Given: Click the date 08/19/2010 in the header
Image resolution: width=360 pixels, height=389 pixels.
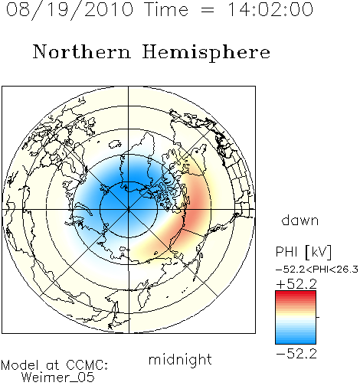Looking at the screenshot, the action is (x=70, y=10).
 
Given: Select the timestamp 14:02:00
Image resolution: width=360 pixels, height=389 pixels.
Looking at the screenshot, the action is (x=270, y=9).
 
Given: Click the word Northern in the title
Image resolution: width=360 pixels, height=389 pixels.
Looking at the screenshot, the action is (x=82, y=51).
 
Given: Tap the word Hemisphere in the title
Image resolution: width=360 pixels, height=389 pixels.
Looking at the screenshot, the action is (x=206, y=53).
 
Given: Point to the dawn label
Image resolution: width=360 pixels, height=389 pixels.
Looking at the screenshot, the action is (x=300, y=220).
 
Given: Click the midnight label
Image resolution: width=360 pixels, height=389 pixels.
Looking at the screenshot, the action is (x=180, y=359).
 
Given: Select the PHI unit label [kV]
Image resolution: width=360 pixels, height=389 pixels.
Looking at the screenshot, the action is (x=318, y=252).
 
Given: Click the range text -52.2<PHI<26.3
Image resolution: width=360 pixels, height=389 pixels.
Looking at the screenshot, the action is (x=317, y=270).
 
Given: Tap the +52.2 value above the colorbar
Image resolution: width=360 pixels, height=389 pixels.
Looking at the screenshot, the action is (x=296, y=284).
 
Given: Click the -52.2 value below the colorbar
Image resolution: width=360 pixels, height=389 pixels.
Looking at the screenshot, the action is (x=296, y=354).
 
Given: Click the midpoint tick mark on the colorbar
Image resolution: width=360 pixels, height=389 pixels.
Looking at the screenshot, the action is (x=318, y=317).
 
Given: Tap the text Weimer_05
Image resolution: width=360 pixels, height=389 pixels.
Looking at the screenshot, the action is (x=58, y=378).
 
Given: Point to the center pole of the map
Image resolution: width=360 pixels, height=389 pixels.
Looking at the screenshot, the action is (x=129, y=209).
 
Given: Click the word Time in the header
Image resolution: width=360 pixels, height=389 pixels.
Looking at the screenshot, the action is (x=166, y=9).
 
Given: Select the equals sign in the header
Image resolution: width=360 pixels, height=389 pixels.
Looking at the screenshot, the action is (x=208, y=10).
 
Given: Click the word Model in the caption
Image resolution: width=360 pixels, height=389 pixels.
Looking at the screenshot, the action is (x=20, y=365).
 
